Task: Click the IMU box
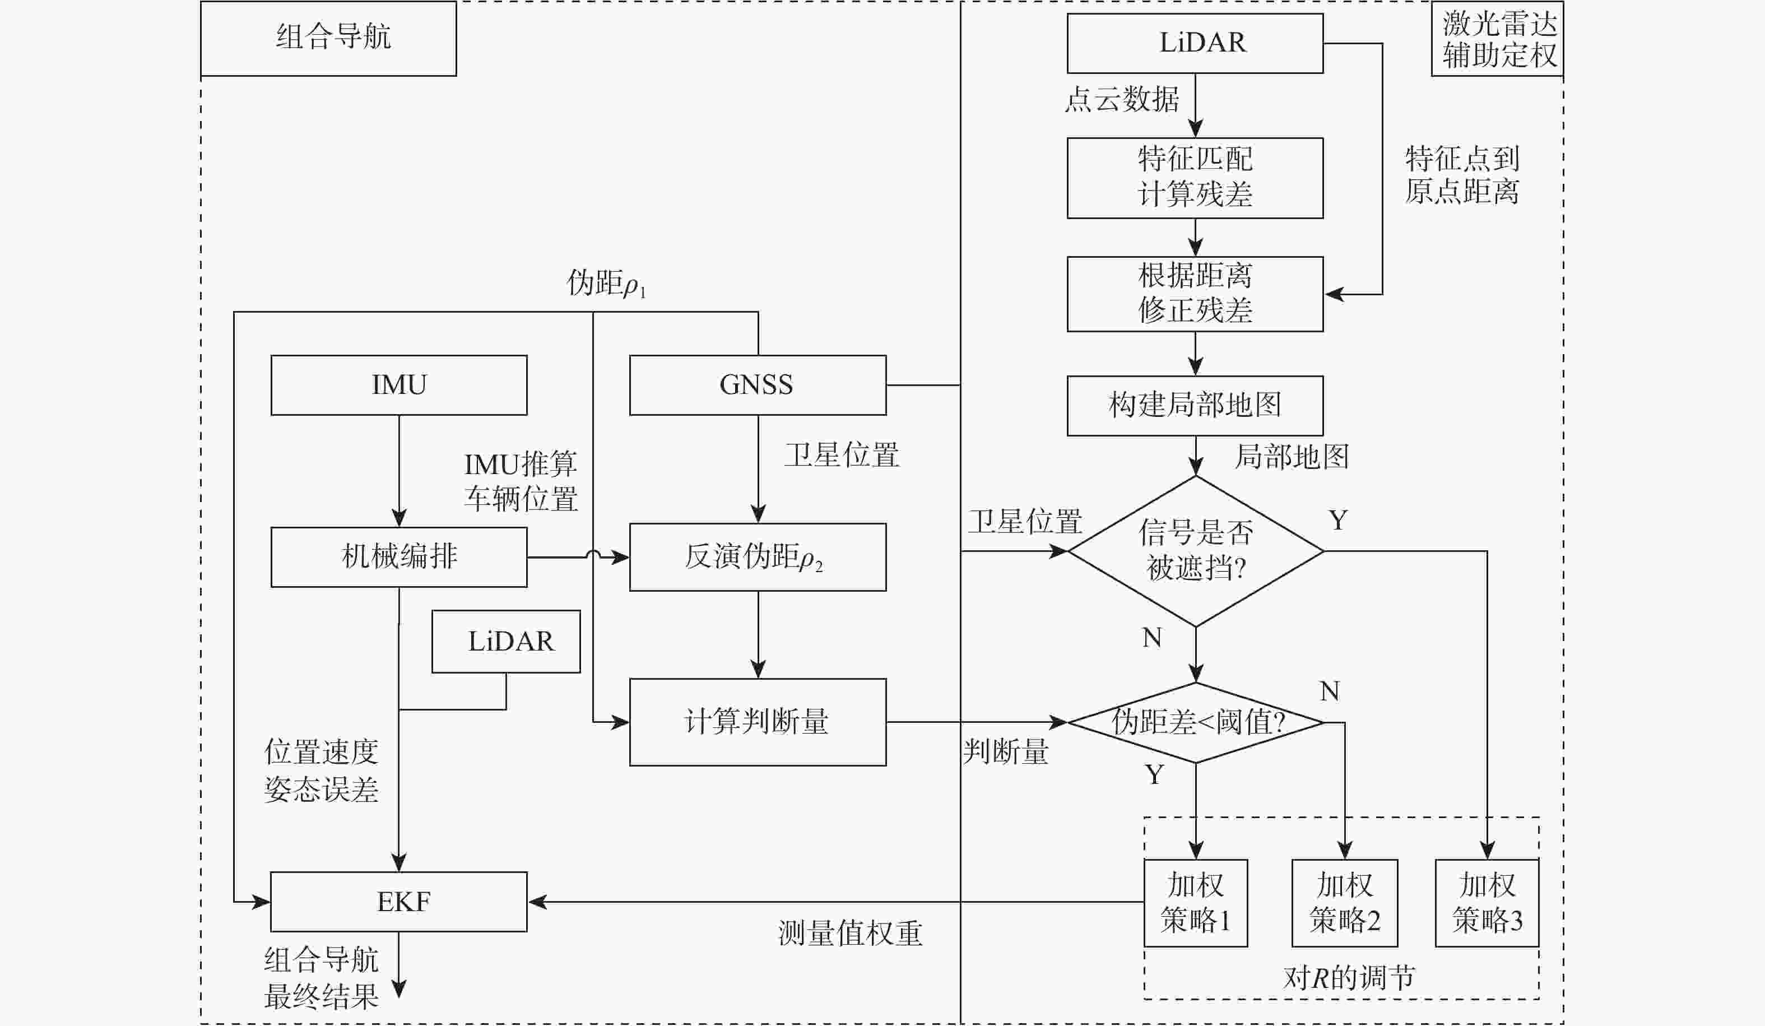pos(398,385)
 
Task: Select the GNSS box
pos(757,385)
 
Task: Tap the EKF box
pos(398,902)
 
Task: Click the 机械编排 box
pos(398,557)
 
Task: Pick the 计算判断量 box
pos(757,721)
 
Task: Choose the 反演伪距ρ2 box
pos(757,557)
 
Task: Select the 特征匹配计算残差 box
pos(1195,177)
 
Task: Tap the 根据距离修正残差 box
pos(1195,294)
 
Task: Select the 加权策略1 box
pos(1196,903)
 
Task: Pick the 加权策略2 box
pos(1344,903)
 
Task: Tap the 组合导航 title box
pos(328,38)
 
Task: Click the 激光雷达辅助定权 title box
pos(1497,39)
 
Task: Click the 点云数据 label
pos(1121,99)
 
